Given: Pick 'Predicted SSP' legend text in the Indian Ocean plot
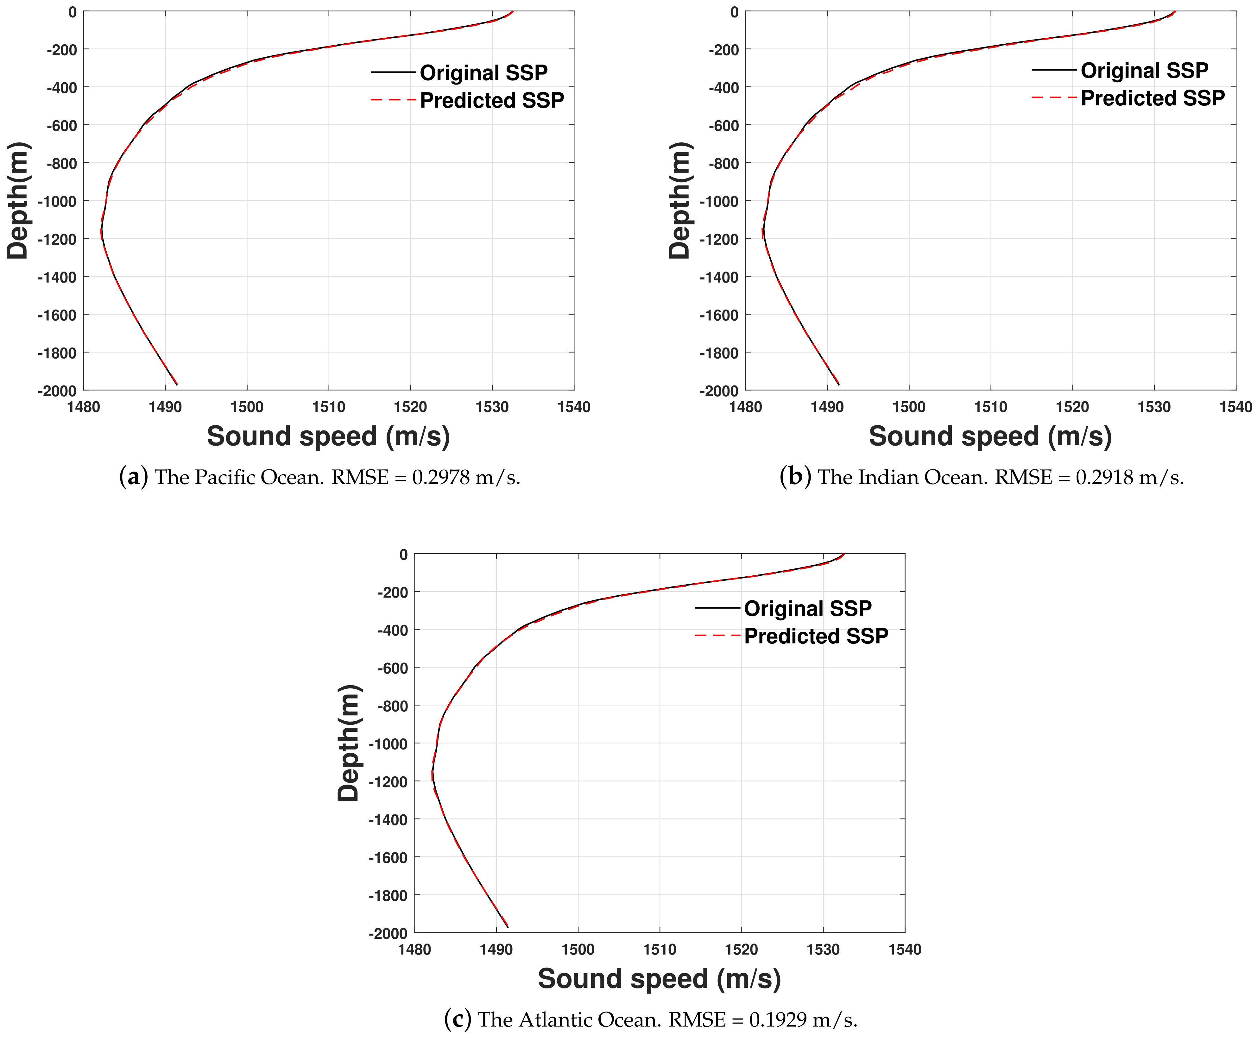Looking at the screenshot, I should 1153,98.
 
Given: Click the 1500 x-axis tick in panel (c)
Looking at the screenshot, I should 578,950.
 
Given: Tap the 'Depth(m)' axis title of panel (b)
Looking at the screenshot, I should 680,200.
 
